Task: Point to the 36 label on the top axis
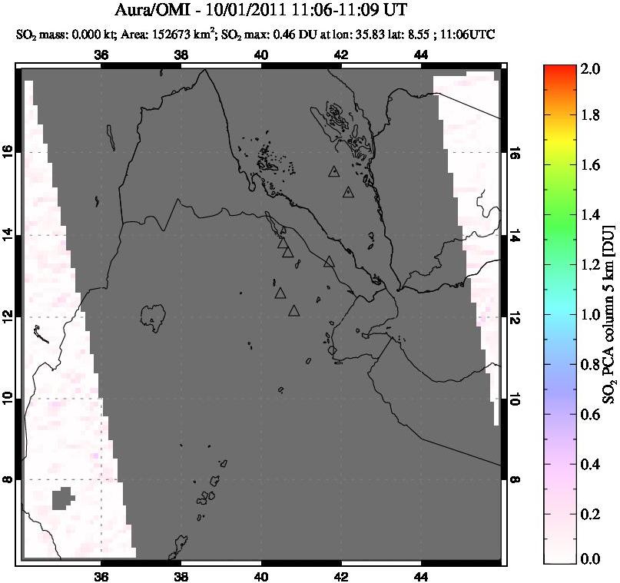point(101,55)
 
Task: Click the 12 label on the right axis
point(514,316)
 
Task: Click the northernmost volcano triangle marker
point(333,171)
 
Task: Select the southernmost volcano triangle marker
point(293,310)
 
